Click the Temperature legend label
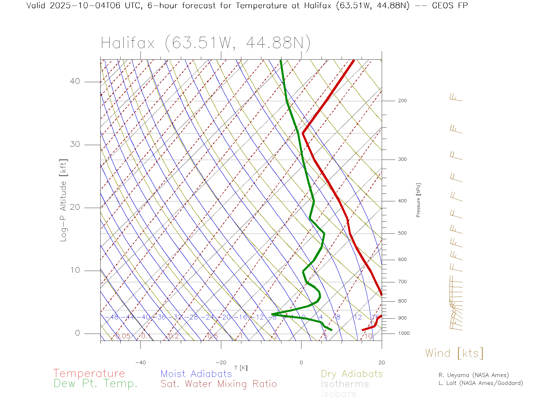click(x=89, y=373)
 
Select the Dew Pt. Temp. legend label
click(x=96, y=384)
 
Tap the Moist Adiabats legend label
click(x=196, y=374)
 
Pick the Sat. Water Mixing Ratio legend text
click(x=218, y=384)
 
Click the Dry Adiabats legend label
click(x=352, y=374)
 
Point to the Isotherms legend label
click(x=345, y=384)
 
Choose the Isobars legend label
click(x=338, y=394)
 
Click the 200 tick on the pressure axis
click(x=402, y=101)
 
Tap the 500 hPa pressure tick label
click(x=402, y=233)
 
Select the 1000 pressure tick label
click(x=404, y=333)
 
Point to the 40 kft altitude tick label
click(x=75, y=81)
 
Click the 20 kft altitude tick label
click(x=75, y=207)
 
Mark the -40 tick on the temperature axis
click(x=140, y=363)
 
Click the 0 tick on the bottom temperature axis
click(x=301, y=363)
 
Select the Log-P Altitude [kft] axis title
click(x=64, y=200)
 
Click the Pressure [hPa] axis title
click(x=418, y=200)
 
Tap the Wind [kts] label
click(x=454, y=353)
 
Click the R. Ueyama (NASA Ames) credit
click(x=473, y=375)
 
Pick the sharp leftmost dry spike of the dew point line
click(x=272, y=314)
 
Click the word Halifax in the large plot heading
click(x=128, y=43)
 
